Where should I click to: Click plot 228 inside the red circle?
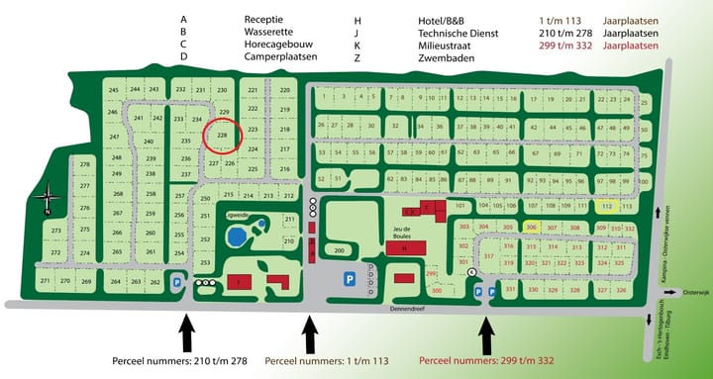223,136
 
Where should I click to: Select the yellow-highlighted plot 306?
531,227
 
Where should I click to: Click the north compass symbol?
47,203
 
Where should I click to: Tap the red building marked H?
404,248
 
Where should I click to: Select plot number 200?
338,250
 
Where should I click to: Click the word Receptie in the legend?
263,19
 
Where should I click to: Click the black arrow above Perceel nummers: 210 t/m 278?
188,332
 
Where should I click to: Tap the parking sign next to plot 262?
177,282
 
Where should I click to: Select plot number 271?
45,282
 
